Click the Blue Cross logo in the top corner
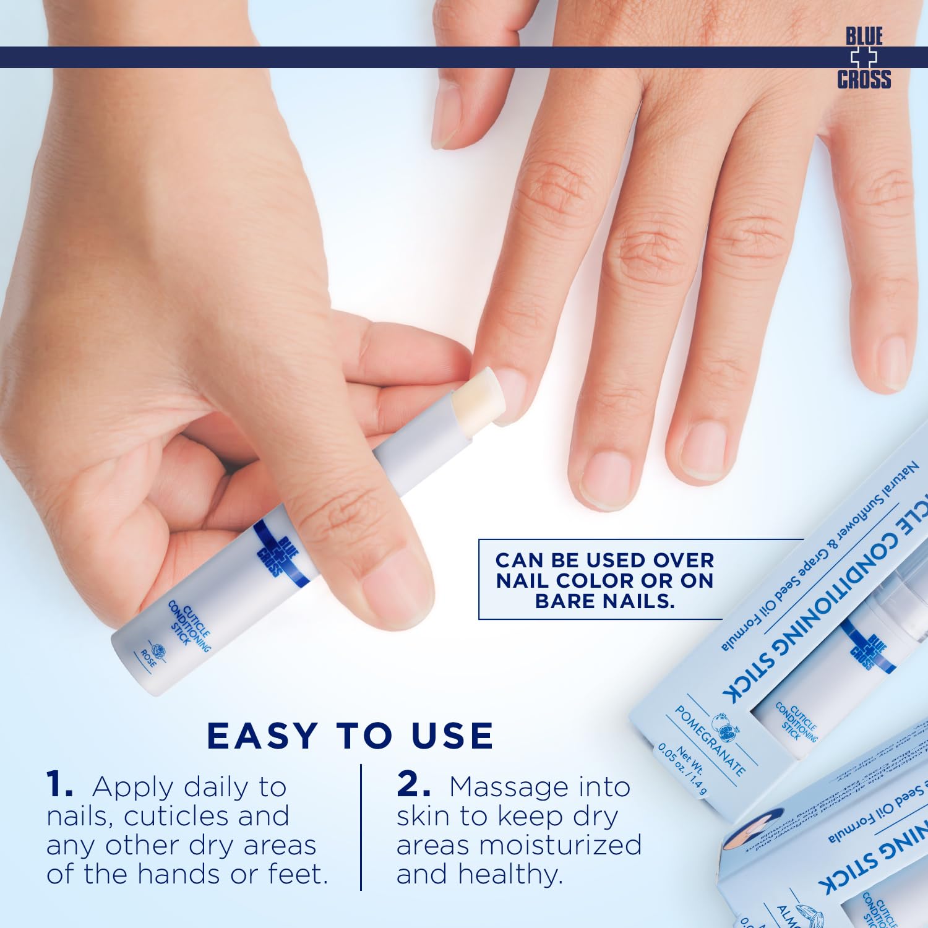pyautogui.click(x=864, y=58)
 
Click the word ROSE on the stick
pyautogui.click(x=148, y=658)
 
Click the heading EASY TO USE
pyautogui.click(x=350, y=736)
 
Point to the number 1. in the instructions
pyautogui.click(x=60, y=785)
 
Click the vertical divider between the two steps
pyautogui.click(x=361, y=827)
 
